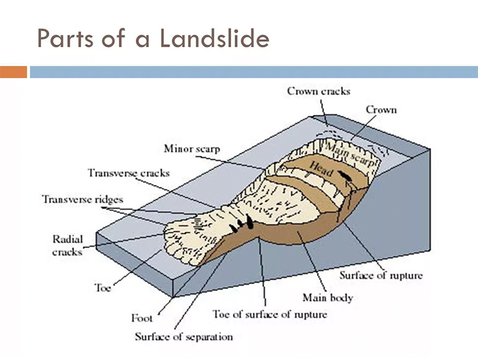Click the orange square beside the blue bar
[13, 72]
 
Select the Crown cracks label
[319, 91]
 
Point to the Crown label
[381, 110]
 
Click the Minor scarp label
[192, 149]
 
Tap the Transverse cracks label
[129, 173]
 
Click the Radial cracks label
[68, 245]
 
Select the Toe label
[103, 288]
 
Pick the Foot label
[142, 318]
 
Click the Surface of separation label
[184, 337]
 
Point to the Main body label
[327, 297]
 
